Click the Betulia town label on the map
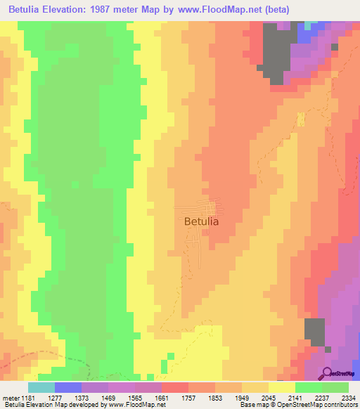point(201,221)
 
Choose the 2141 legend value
point(309,398)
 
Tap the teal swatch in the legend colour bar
point(41,387)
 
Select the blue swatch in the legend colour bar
point(67,387)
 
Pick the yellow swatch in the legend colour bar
point(282,387)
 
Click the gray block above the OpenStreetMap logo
point(314,331)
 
